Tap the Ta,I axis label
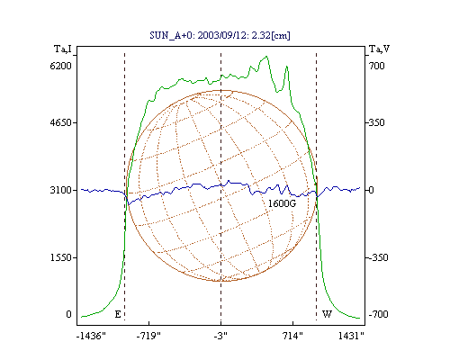(63, 49)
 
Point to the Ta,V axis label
(379, 49)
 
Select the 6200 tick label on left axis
(61, 66)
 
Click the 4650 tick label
(61, 122)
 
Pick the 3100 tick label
(61, 190)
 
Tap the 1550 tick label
(61, 257)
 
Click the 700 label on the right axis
(377, 66)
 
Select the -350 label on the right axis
(378, 257)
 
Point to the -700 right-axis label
(378, 314)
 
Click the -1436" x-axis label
(91, 336)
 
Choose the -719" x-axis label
(148, 336)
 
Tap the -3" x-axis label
(220, 336)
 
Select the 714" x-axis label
(292, 336)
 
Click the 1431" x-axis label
(351, 336)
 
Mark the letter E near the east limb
(118, 314)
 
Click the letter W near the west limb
(327, 314)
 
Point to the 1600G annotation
(282, 203)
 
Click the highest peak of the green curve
(266, 57)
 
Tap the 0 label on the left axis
(68, 314)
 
